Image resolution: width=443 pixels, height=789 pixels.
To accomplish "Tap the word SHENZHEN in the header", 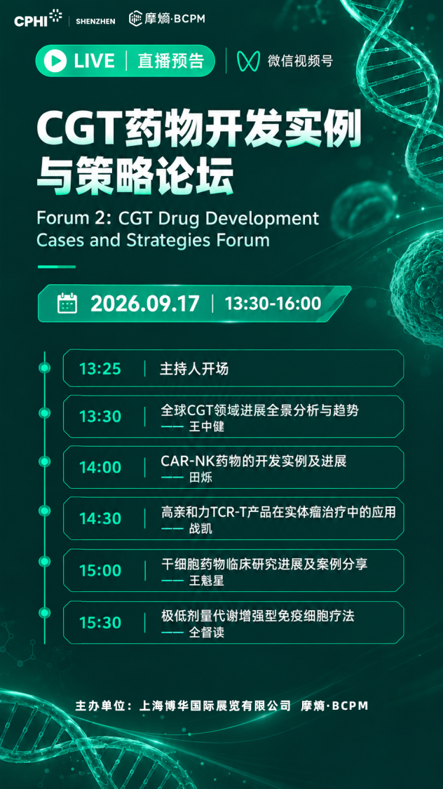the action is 95,21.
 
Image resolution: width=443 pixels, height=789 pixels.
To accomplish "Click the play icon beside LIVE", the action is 55,61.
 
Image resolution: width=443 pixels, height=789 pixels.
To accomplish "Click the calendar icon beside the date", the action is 67,304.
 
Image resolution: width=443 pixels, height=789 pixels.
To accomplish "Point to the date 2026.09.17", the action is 145,304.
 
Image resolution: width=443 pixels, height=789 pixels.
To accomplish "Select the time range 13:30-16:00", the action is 273,304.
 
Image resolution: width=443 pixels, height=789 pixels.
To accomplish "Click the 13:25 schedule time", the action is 100,369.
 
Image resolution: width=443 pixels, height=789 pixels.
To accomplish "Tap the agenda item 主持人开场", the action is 194,369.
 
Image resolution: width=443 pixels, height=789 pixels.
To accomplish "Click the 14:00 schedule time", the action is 100,468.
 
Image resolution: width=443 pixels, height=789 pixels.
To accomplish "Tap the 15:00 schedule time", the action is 100,571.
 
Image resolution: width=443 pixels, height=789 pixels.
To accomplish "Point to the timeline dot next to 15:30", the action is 45,613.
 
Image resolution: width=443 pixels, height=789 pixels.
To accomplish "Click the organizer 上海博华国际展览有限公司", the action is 215,706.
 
